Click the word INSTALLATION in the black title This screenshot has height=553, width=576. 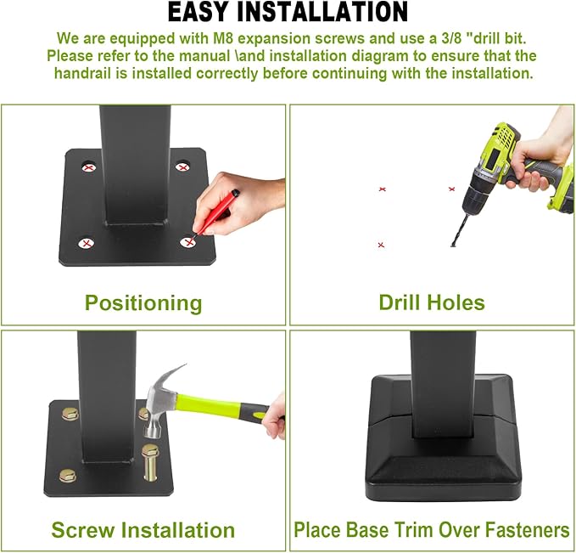tap(322, 12)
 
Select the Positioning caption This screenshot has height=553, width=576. tap(143, 303)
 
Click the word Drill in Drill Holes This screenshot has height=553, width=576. tap(400, 302)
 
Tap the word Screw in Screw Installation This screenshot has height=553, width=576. tap(83, 530)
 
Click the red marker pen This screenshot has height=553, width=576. tap(216, 212)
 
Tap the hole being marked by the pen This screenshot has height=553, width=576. tap(189, 242)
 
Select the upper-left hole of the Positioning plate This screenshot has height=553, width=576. tap(88, 167)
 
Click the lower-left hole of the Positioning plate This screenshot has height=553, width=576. tap(87, 243)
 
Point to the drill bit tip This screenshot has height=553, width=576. tap(453, 245)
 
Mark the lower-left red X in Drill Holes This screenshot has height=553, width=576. tap(381, 245)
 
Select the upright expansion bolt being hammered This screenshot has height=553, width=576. tap(150, 462)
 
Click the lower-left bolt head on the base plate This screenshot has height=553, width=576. tap(68, 476)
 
